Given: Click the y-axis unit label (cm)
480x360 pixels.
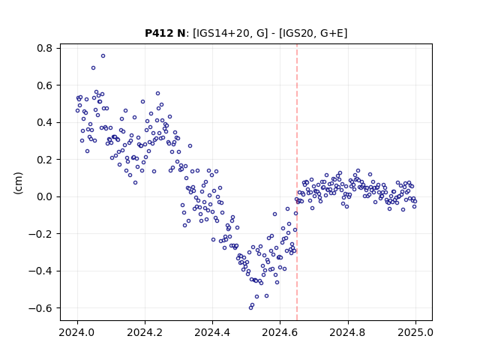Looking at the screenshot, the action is (18, 183).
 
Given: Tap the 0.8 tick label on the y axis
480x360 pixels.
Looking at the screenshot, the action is (45, 48).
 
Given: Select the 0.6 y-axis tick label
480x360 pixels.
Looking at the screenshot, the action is (45, 85).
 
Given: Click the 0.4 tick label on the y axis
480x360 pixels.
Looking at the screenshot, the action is (45, 122).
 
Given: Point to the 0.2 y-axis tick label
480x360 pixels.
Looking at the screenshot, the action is (45, 160).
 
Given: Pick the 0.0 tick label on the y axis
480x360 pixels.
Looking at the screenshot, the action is (45, 196).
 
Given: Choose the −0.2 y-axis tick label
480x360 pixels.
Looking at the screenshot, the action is (40, 234).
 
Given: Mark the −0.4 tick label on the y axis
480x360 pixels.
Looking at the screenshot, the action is (40, 271).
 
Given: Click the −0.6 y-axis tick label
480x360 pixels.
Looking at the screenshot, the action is (40, 308).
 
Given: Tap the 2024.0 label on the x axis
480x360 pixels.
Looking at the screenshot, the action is (77, 332).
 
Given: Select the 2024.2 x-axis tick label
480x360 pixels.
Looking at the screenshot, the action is (145, 332).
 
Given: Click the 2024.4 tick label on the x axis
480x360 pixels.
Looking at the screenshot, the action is (212, 332).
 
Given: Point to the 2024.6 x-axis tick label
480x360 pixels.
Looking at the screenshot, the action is (280, 332).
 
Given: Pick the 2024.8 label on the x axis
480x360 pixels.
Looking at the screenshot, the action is (347, 332).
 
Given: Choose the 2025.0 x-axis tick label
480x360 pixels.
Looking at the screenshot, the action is (415, 332).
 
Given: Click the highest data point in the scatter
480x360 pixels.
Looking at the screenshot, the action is (103, 55).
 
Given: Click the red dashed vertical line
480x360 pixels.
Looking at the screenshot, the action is (297, 182).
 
